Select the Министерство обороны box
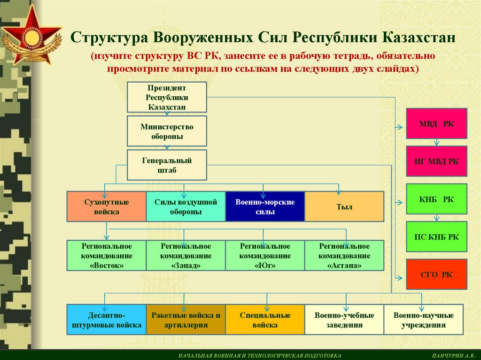coord(167,132)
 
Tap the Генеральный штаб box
coord(167,165)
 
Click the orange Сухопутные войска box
coord(107,207)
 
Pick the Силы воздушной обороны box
coord(186,207)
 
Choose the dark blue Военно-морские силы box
coord(265,207)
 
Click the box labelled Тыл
coord(344,207)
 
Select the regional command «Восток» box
coord(107,255)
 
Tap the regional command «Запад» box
coord(186,255)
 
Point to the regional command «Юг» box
coord(265,255)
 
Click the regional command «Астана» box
coord(344,255)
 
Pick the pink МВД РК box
coord(436,123)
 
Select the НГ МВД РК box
coord(436,161)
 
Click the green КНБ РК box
coord(436,199)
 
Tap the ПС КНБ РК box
coord(436,237)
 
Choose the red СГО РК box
coord(436,274)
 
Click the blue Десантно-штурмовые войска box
coord(107,320)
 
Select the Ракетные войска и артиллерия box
coord(186,320)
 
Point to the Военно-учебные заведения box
coord(344,320)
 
